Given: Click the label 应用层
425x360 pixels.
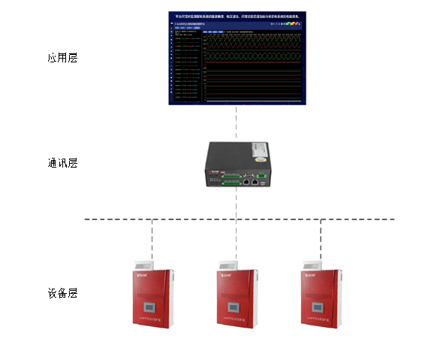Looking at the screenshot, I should [x=62, y=58].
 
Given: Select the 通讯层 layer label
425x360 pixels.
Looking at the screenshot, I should [x=62, y=163].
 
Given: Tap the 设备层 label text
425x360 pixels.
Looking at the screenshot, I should [x=62, y=293].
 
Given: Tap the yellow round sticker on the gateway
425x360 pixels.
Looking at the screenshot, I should [x=260, y=159].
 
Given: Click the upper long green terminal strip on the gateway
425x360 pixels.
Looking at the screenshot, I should [x=230, y=176].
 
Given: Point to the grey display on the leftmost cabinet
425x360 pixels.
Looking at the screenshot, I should [x=151, y=307].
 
